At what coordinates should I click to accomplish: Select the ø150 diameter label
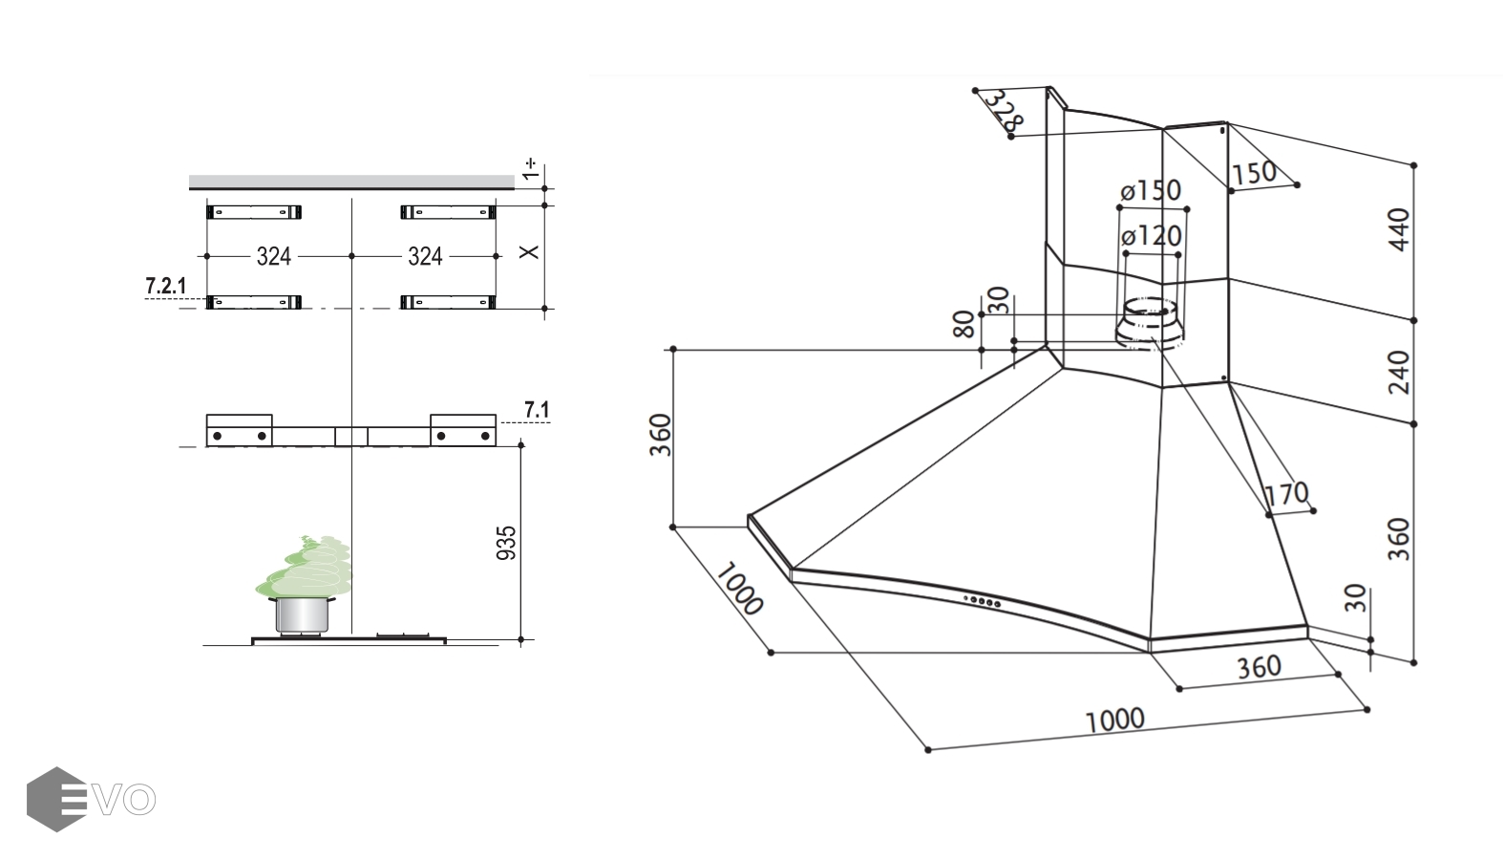pyautogui.click(x=1152, y=190)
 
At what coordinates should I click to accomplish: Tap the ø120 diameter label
pyautogui.click(x=1152, y=235)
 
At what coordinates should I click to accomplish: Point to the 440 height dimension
pyautogui.click(x=1400, y=230)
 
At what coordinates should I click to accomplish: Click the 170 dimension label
pyautogui.click(x=1286, y=494)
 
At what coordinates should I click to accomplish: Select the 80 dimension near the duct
pyautogui.click(x=964, y=324)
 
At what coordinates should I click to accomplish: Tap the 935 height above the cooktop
pyautogui.click(x=508, y=543)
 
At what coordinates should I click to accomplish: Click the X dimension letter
pyautogui.click(x=529, y=251)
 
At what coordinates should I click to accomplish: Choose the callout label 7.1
pyautogui.click(x=537, y=410)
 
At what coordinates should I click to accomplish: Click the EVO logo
pyautogui.click(x=91, y=799)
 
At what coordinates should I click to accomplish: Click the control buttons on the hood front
pyautogui.click(x=983, y=601)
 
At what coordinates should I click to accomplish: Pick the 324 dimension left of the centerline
pyautogui.click(x=274, y=256)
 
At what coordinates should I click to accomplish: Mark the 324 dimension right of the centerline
pyautogui.click(x=425, y=256)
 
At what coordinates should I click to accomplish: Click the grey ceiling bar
pyautogui.click(x=351, y=182)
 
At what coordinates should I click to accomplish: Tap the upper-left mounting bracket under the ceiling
pyautogui.click(x=254, y=211)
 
